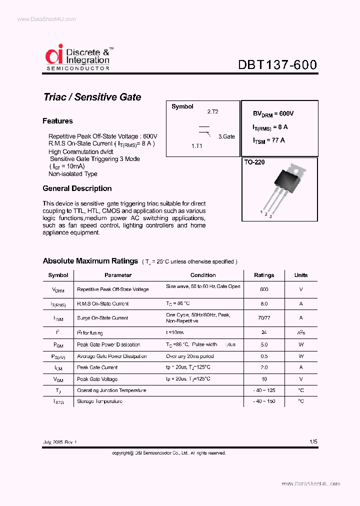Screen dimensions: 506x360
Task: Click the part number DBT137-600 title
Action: point(277,65)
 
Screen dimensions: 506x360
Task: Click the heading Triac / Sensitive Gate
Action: point(92,97)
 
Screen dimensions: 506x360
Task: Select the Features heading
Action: point(57,121)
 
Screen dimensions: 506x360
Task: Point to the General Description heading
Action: point(77,188)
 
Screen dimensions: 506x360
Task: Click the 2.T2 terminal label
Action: point(212,112)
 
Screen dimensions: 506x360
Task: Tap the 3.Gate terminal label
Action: point(225,136)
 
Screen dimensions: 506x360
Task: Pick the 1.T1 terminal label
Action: point(196,145)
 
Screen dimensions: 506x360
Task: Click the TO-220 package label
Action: point(254,162)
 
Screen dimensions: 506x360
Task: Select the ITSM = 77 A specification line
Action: point(269,140)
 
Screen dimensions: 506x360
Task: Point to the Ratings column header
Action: point(264,275)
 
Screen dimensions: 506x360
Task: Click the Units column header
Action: point(301,275)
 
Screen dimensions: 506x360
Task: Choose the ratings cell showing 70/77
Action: point(264,318)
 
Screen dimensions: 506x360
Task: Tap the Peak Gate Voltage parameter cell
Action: point(97,379)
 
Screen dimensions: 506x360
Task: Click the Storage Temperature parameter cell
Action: point(99,401)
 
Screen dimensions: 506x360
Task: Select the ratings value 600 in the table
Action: point(264,289)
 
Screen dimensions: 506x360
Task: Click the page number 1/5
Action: point(313,442)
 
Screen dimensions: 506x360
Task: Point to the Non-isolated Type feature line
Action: point(73,174)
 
